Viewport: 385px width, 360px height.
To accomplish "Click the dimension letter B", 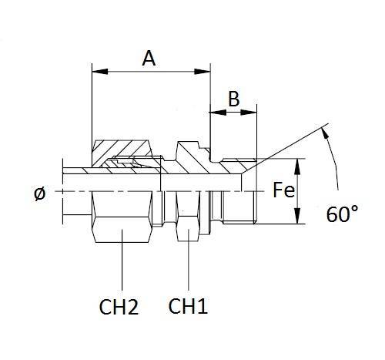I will [234, 99].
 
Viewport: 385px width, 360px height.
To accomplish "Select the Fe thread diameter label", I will [283, 190].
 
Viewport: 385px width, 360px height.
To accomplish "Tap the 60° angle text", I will [343, 214].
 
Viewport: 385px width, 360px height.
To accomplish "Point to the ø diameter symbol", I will [40, 193].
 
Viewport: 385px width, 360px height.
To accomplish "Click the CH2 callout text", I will [119, 308].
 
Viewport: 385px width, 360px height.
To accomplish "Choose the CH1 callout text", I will [189, 308].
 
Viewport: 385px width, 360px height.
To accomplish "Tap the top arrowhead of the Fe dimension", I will [297, 164].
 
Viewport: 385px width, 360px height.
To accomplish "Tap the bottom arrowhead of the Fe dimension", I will [297, 220].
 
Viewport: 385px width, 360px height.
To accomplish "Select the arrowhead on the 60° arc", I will [328, 138].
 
